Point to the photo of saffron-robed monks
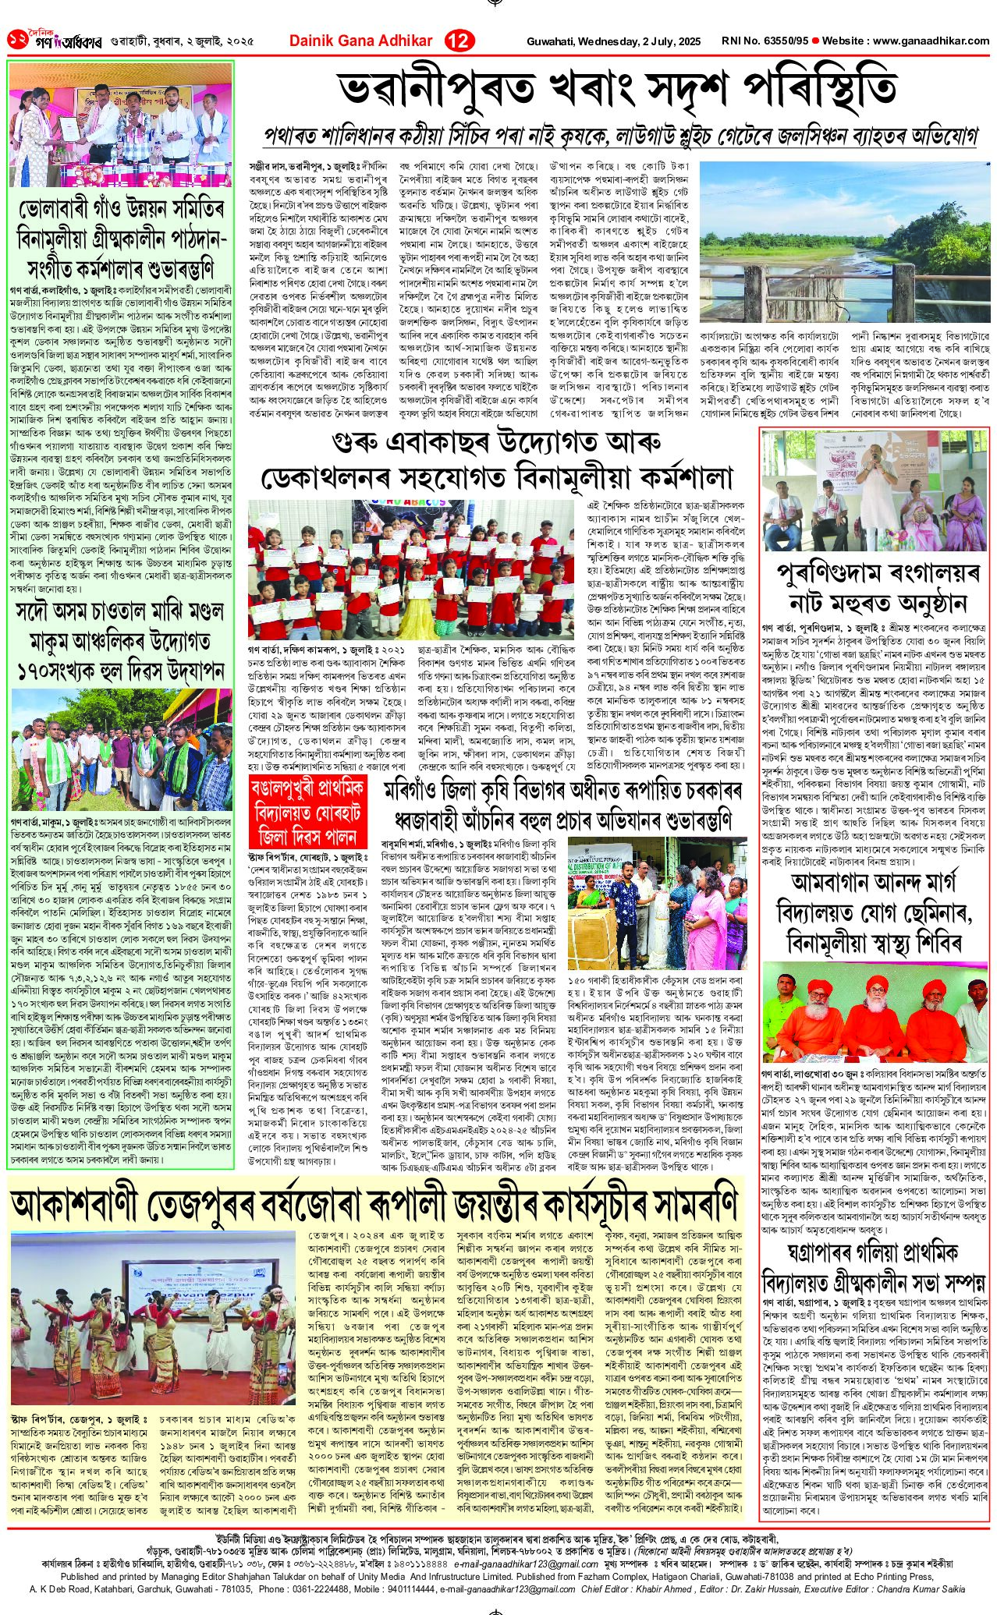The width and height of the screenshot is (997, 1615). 875,1005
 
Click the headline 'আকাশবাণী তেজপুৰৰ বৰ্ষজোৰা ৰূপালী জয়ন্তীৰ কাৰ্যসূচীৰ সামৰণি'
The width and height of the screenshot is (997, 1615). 374,1204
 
